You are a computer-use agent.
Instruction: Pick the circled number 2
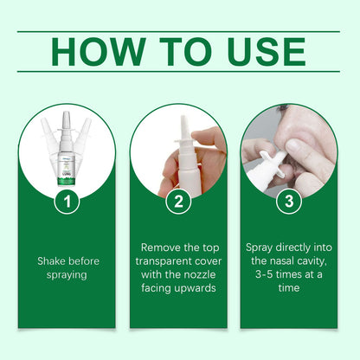coord(179,202)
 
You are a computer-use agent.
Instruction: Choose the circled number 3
coord(288,202)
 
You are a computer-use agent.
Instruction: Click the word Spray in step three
coord(262,247)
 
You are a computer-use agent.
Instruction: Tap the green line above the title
coord(179,32)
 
